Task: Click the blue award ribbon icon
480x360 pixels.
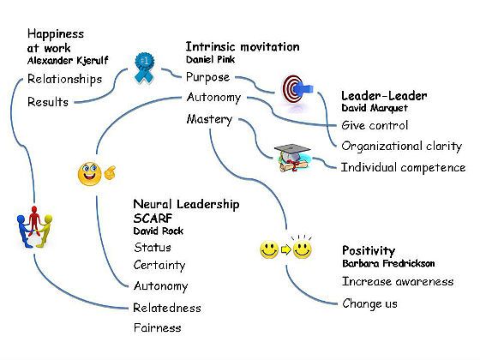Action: [145, 68]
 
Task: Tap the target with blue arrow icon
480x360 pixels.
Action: [297, 89]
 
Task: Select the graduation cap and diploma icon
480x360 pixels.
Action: [293, 158]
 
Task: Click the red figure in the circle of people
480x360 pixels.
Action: [34, 220]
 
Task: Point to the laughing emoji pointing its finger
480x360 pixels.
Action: [96, 174]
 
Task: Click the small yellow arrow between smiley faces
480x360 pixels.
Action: [285, 249]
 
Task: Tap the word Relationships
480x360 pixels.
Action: [64, 79]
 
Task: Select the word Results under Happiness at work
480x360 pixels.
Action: [48, 102]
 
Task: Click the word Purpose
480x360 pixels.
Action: [207, 77]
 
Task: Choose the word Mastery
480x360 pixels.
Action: [209, 119]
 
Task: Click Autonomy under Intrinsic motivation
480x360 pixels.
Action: [213, 98]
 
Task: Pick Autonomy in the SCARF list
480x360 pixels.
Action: [161, 286]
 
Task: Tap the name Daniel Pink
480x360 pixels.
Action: [210, 59]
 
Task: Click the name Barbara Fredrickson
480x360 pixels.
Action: [388, 263]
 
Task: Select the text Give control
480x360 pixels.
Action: [375, 125]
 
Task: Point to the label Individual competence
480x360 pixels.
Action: [403, 168]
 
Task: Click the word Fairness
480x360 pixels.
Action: [158, 327]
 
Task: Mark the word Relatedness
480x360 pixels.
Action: [167, 308]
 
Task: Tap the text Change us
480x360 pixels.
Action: [369, 303]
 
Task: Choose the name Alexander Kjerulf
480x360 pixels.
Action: [68, 61]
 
